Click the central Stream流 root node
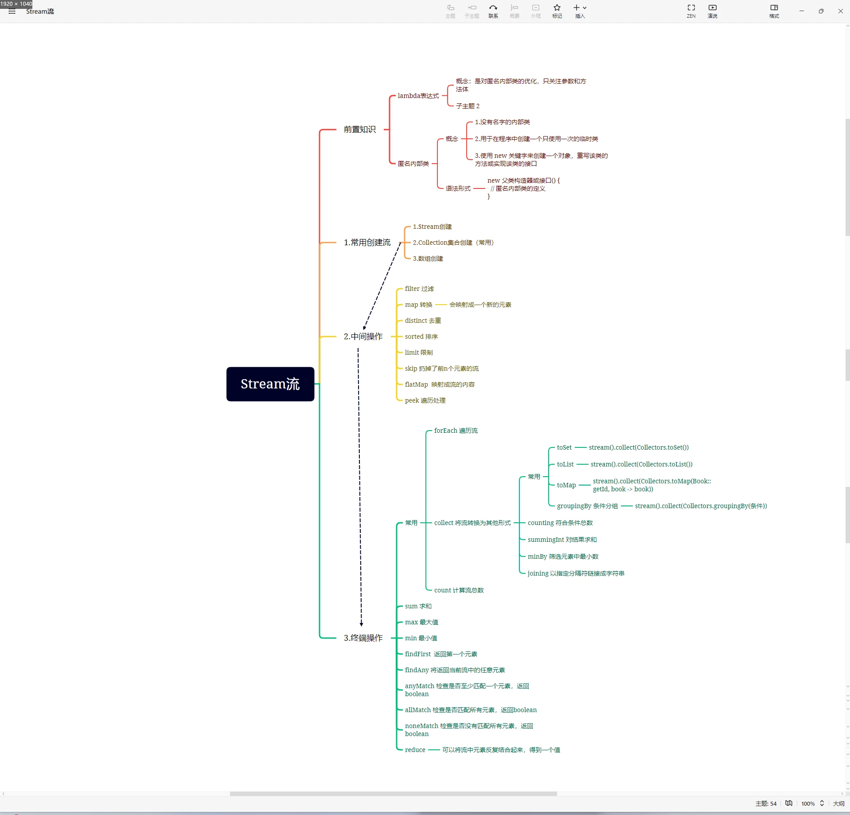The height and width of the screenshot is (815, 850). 270,384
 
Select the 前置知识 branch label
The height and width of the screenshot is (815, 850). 359,129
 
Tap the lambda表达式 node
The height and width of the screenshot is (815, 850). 418,96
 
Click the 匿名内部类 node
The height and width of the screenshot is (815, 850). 413,164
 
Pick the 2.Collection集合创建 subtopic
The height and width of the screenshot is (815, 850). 453,243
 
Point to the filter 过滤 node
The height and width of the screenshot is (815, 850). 419,289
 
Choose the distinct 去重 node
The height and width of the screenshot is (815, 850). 422,321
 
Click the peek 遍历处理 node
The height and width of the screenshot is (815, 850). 425,400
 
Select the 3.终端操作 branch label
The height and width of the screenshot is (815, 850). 363,638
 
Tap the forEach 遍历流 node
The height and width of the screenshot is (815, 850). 456,431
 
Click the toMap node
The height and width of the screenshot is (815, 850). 566,485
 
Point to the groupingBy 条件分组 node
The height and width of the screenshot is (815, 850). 587,506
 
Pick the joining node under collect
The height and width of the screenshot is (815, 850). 575,573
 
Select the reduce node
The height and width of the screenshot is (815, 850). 415,750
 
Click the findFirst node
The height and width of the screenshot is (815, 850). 441,654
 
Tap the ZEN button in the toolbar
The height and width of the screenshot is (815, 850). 691,11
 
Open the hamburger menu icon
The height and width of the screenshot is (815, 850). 12,12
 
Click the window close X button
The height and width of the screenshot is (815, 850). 840,11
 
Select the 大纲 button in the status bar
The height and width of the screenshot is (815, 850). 838,803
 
